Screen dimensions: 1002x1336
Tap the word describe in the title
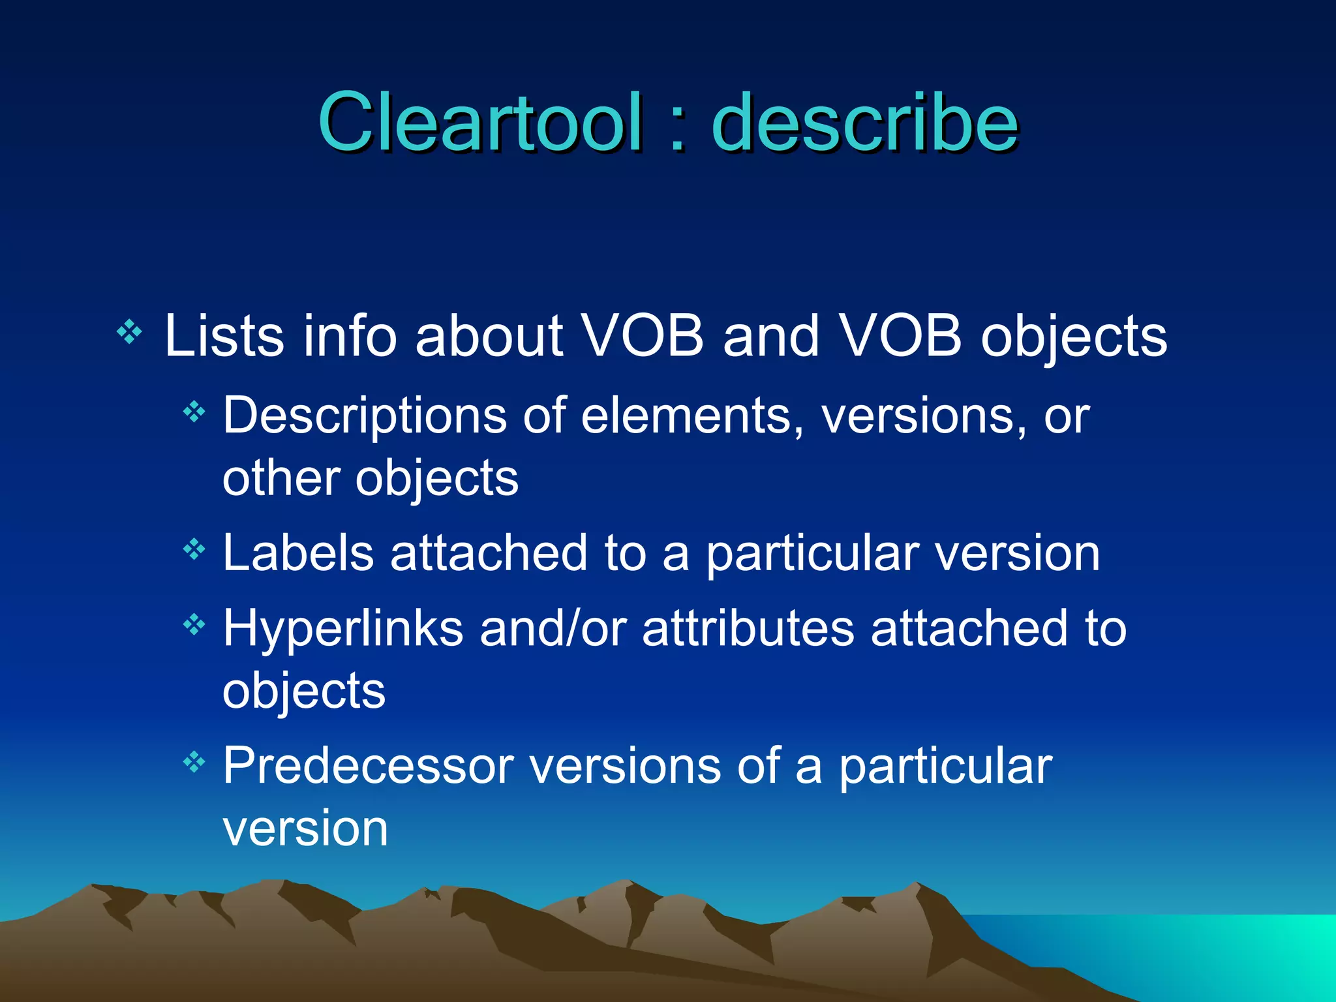[x=865, y=122]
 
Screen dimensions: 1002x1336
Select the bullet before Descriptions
[x=194, y=412]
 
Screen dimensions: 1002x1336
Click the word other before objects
[x=281, y=478]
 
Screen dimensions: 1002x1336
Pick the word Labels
[x=298, y=553]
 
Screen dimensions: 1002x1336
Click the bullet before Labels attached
[x=194, y=550]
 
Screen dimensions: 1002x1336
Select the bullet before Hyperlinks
[x=194, y=626]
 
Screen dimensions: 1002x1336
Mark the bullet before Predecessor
[x=194, y=762]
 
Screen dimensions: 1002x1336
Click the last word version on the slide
[x=305, y=829]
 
